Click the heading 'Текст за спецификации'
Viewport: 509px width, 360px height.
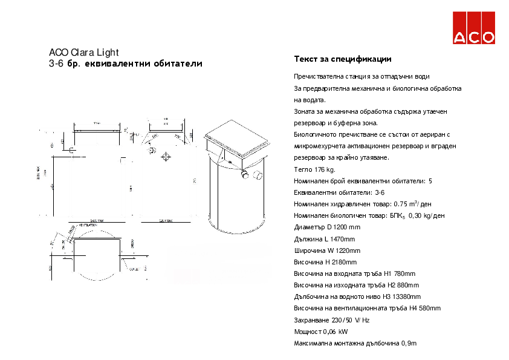tap(343, 59)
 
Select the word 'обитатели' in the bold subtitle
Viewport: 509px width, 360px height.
tap(178, 64)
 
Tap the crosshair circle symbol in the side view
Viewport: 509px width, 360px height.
tap(166, 157)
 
